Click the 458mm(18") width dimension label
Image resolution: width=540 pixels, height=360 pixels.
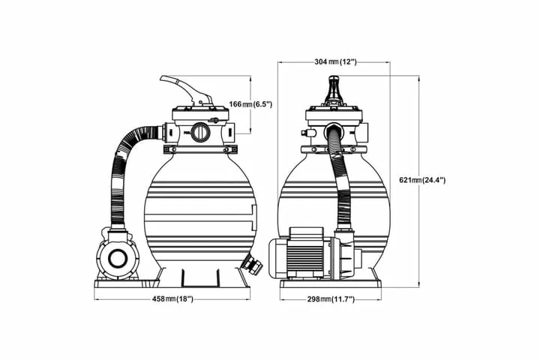click(172, 299)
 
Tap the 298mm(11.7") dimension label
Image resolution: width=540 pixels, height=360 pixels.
click(331, 299)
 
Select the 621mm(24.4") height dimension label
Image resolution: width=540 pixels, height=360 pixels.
click(422, 179)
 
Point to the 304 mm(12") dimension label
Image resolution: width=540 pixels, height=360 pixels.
click(335, 62)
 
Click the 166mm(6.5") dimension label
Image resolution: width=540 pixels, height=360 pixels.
click(250, 104)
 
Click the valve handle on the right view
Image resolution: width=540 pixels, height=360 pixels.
click(334, 89)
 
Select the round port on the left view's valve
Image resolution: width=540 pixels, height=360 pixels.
click(199, 133)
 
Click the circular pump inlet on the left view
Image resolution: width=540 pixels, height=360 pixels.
click(117, 258)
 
